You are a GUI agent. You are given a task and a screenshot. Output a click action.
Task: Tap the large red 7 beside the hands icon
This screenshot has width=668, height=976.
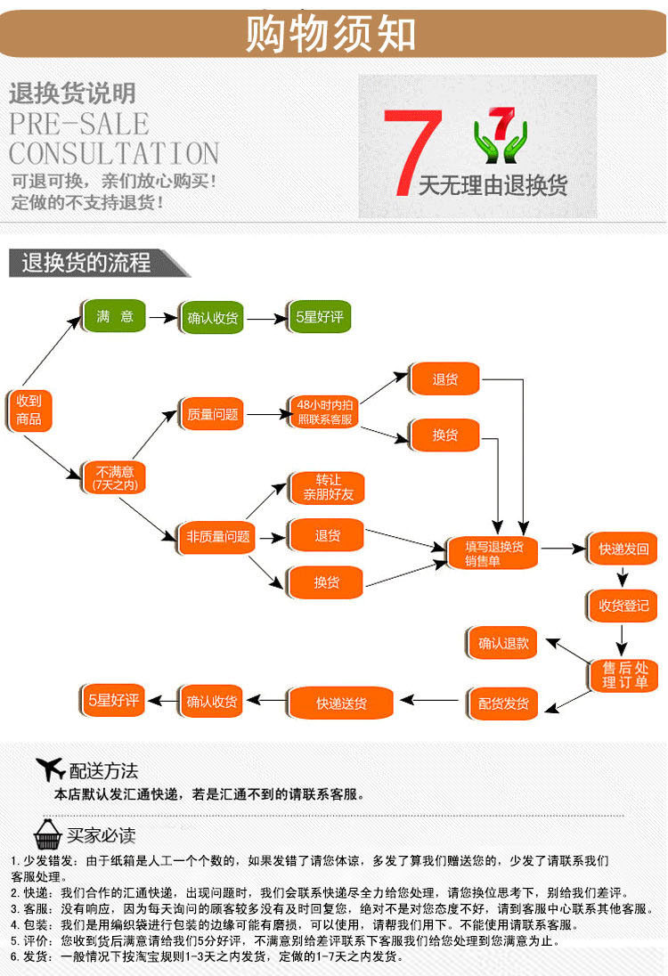point(412,151)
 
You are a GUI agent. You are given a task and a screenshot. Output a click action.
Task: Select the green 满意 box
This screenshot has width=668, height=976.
point(114,317)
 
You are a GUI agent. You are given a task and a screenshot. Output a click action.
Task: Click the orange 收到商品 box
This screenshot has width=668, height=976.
point(29,411)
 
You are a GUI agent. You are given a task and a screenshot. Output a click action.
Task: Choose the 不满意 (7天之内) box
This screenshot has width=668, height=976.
point(114,477)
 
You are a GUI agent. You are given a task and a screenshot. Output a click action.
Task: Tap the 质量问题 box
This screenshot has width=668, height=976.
point(212,414)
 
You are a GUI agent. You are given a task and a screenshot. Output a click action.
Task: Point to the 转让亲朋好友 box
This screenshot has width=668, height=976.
point(328,488)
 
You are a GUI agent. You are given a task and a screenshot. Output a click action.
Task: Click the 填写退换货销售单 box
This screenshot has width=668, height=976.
point(494,553)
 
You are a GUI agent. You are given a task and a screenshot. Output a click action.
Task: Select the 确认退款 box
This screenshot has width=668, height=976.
point(503,643)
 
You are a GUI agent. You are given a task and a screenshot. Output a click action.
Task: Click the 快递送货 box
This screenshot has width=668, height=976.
point(341,703)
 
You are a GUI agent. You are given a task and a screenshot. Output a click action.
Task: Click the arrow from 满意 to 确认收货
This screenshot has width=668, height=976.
point(162,317)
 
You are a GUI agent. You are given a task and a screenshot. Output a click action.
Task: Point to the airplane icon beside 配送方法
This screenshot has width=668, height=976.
point(50,769)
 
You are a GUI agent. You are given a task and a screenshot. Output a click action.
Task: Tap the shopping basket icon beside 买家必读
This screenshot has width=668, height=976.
point(47,834)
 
